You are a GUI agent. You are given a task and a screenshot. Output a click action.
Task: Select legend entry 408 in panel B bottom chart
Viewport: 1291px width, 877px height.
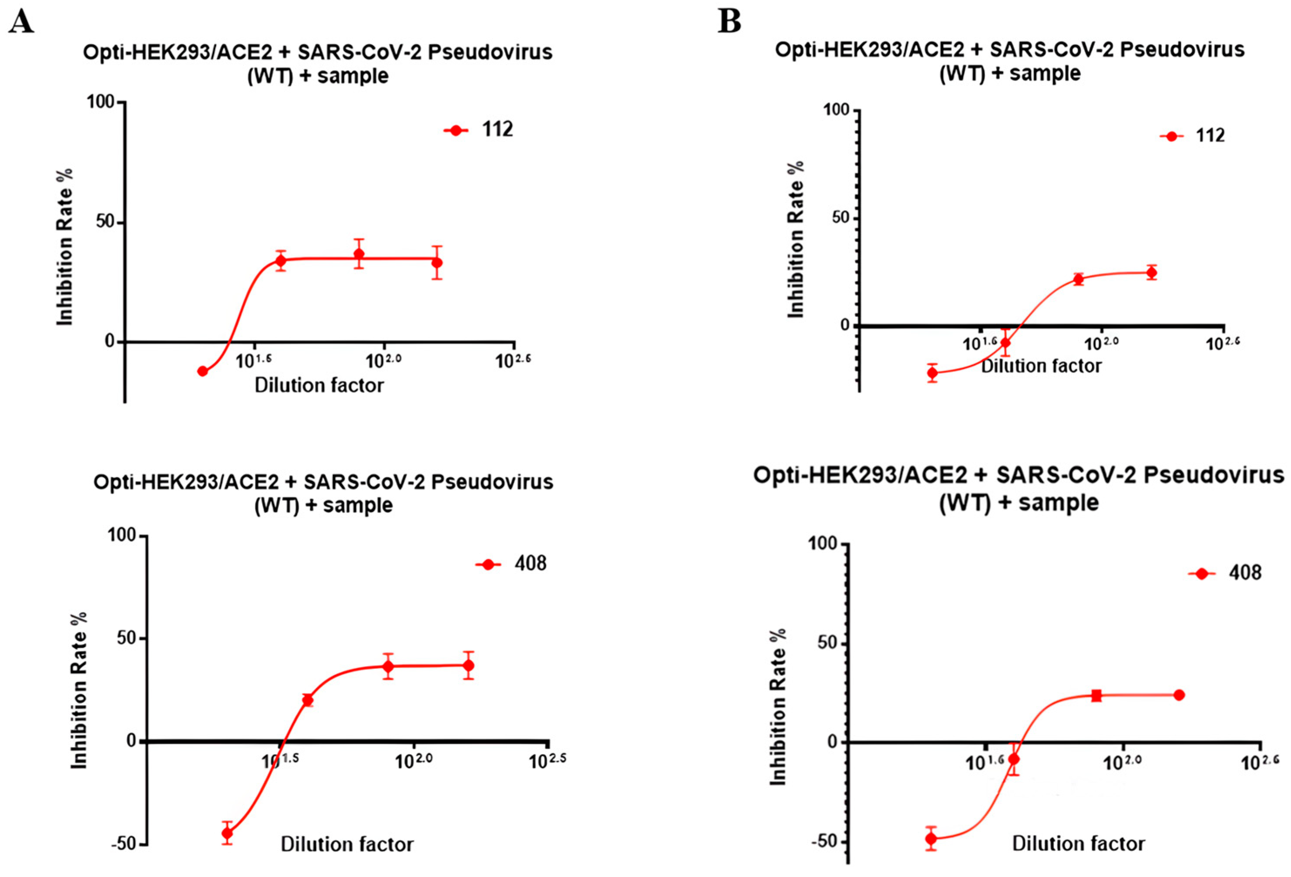click(x=1245, y=573)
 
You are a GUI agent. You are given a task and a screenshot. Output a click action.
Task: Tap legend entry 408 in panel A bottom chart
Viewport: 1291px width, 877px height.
click(x=530, y=564)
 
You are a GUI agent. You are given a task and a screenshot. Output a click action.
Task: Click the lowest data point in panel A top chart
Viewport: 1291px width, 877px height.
click(x=203, y=371)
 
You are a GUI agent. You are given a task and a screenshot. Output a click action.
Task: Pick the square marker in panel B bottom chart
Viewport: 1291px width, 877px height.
click(x=1096, y=695)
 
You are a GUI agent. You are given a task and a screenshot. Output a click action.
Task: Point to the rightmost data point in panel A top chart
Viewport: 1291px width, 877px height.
click(x=437, y=262)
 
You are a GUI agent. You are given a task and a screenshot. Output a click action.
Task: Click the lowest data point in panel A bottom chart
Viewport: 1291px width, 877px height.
click(x=227, y=833)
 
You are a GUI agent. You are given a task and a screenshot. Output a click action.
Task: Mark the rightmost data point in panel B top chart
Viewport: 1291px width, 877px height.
click(x=1152, y=272)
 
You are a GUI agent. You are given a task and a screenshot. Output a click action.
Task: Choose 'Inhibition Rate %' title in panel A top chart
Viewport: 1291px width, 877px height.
click(x=65, y=247)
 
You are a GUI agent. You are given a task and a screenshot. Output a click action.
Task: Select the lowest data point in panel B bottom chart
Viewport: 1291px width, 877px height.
click(x=931, y=839)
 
